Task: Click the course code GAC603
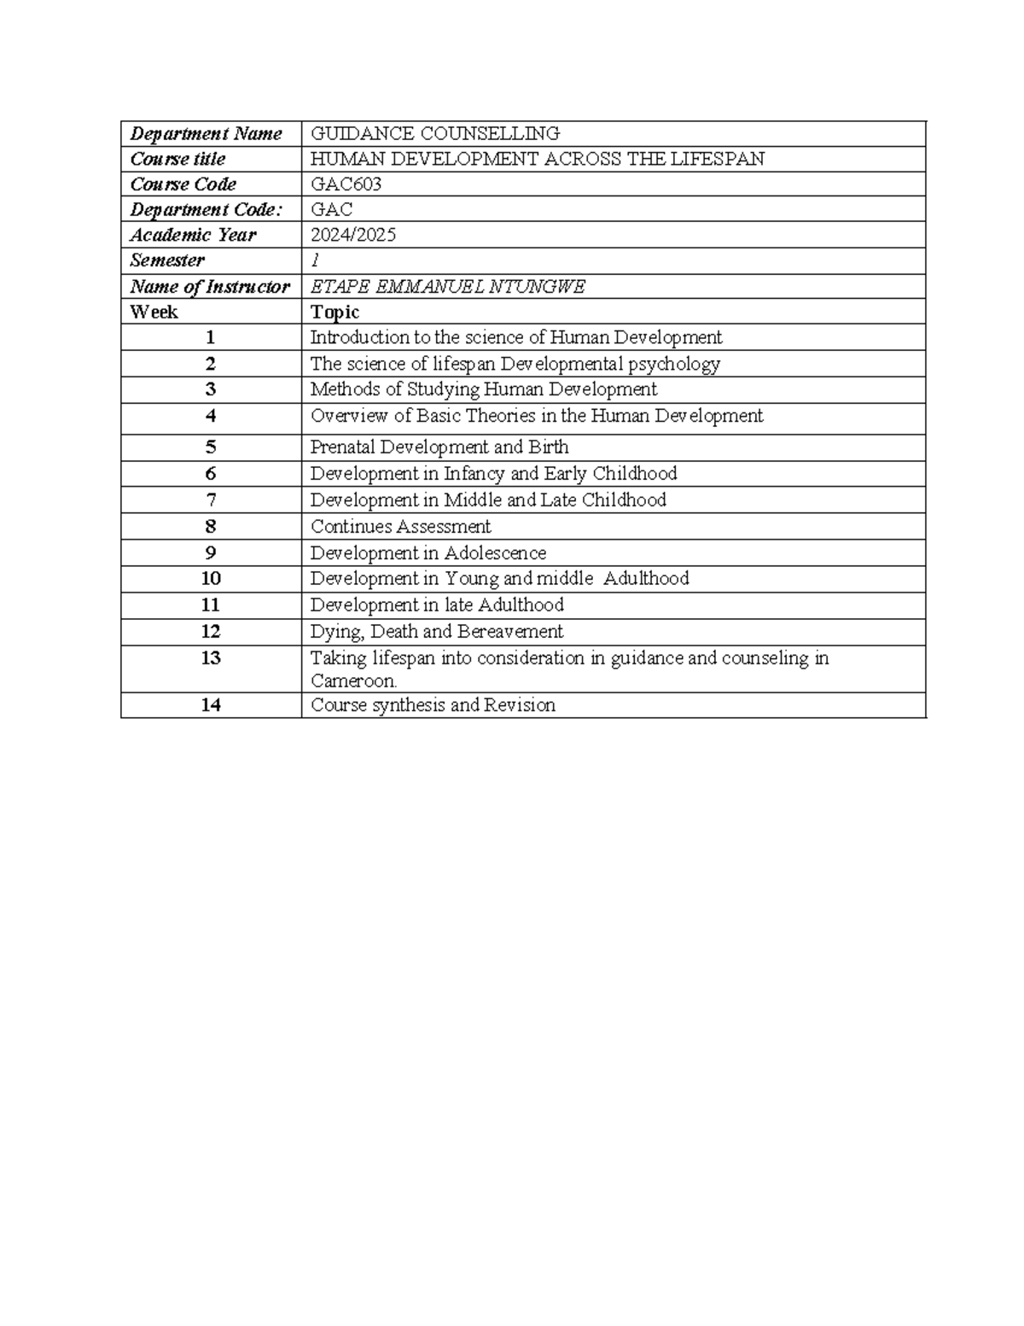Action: point(346,184)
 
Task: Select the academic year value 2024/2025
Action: point(352,235)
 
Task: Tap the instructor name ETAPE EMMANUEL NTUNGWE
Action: point(447,287)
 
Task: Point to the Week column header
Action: point(154,312)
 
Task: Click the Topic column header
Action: point(335,312)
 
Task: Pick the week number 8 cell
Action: point(211,526)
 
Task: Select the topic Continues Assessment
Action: point(400,527)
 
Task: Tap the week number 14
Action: point(211,705)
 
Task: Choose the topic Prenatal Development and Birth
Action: point(439,447)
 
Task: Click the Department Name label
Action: point(206,133)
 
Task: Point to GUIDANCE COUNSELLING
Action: point(434,133)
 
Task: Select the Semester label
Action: point(167,260)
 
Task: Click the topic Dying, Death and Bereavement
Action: point(436,632)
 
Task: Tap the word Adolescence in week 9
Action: point(495,553)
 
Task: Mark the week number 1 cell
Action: point(211,337)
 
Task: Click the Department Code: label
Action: point(206,210)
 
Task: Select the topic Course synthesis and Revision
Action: point(433,705)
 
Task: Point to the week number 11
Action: point(211,605)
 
